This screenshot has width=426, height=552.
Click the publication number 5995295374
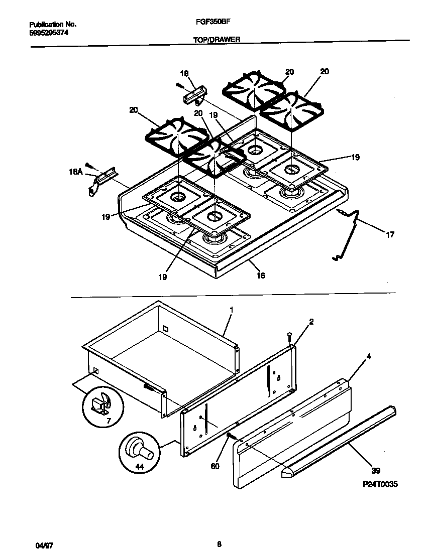[49, 32]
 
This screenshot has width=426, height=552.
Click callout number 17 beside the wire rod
[390, 234]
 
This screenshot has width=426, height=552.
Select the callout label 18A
[75, 172]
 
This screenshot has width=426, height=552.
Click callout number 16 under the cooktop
[260, 275]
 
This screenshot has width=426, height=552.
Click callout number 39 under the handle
[376, 471]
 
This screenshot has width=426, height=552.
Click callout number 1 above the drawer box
[231, 310]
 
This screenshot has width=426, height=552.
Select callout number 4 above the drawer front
[369, 357]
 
